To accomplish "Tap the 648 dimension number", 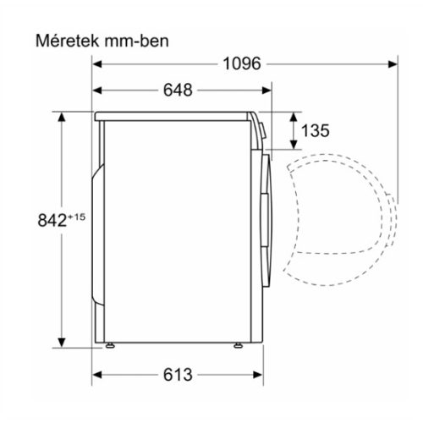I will pos(175,90).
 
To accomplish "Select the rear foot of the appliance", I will pos(109,344).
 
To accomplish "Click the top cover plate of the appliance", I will pos(178,113).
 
